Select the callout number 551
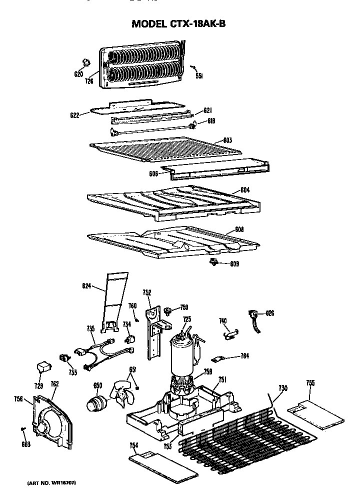pos(198,76)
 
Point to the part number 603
pos(227,140)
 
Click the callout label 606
pos(153,174)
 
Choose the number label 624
pos(86,286)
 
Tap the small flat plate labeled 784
pos(218,358)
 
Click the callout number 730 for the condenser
pos(283,388)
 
